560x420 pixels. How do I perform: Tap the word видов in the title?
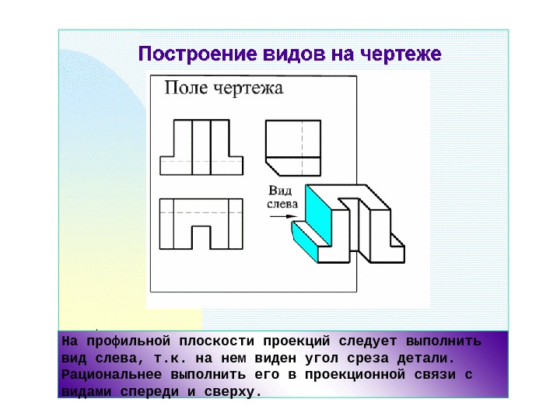click(278, 55)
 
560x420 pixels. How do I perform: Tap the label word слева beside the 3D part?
click(282, 204)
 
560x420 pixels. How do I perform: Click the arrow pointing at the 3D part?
click(277, 219)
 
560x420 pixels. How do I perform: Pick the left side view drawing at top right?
click(292, 147)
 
